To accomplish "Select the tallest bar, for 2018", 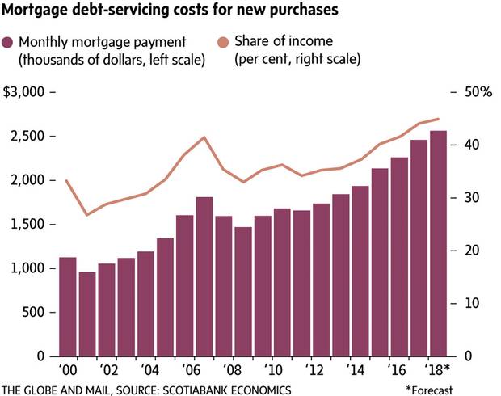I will click(439, 243).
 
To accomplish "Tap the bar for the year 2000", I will click(68, 307).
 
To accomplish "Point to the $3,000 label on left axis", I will click(27, 92).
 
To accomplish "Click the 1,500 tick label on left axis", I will click(30, 224).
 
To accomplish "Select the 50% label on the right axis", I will click(478, 92).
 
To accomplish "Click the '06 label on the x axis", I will click(184, 372).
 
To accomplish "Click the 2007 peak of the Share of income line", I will click(204, 137).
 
